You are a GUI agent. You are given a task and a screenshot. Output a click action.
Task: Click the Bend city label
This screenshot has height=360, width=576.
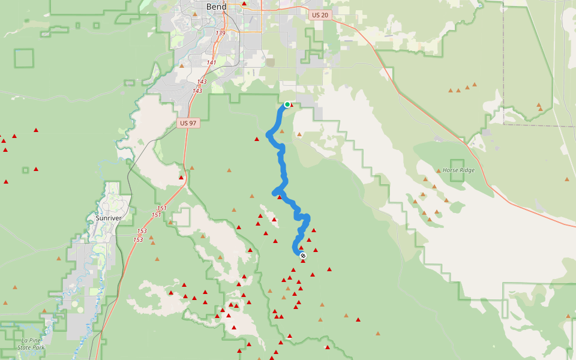click(x=216, y=7)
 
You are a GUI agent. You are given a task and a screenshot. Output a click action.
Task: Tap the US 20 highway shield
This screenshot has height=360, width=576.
click(x=321, y=14)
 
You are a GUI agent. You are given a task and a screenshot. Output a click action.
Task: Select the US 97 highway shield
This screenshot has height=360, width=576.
click(x=188, y=123)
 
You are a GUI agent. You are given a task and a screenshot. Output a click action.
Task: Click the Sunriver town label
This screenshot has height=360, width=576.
click(x=108, y=218)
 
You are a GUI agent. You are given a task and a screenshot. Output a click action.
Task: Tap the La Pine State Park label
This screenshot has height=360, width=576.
click(x=31, y=344)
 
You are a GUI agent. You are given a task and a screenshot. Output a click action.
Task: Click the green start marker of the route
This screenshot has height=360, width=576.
click(x=287, y=104)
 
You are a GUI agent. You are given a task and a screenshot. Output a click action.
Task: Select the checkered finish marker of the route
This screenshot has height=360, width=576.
click(x=303, y=256)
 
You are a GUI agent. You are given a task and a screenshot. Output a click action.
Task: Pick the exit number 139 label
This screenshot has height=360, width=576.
click(x=220, y=33)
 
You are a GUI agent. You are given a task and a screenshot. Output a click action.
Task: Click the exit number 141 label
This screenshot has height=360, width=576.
click(x=211, y=62)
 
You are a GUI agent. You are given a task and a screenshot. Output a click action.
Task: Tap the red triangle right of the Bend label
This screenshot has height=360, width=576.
click(x=244, y=4)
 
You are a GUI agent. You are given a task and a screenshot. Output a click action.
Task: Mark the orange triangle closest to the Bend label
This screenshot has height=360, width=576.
click(x=195, y=13)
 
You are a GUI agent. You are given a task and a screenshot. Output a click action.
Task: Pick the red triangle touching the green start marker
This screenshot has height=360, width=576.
click(x=292, y=105)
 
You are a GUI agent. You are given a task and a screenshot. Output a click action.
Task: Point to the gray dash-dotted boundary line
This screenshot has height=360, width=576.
click(x=528, y=125)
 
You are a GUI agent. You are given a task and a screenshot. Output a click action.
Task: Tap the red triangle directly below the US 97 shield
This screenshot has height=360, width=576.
click(x=181, y=178)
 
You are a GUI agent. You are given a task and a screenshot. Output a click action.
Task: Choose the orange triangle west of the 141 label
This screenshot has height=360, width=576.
click(x=182, y=65)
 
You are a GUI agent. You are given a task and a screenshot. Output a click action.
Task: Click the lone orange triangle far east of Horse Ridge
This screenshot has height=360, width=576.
click(x=566, y=179)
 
